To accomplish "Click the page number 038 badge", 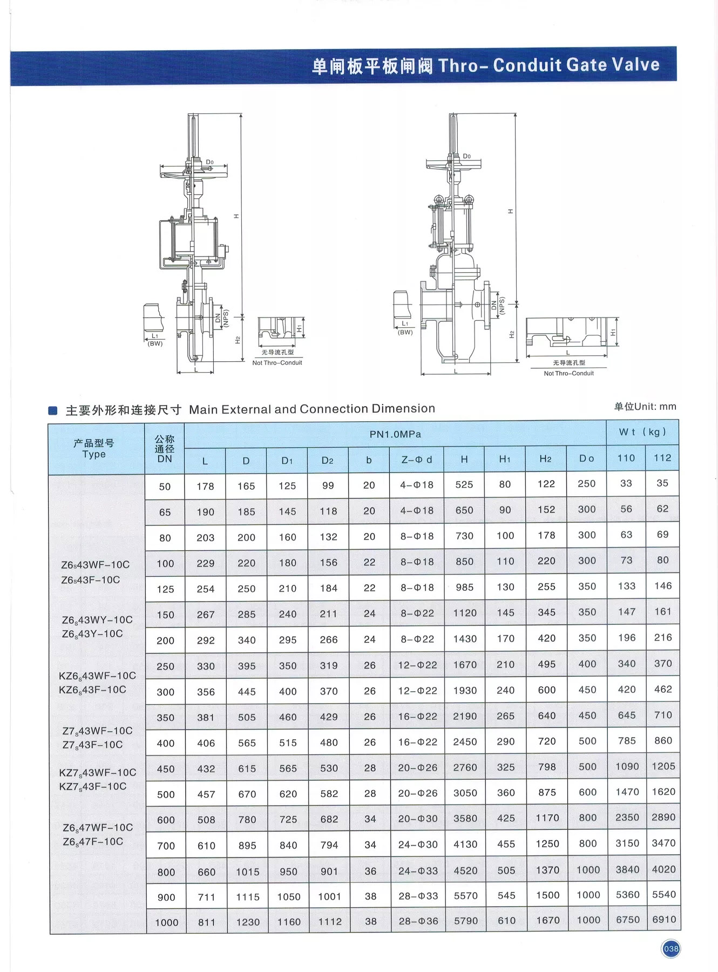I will tap(670, 949).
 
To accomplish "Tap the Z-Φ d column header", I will tap(416, 460).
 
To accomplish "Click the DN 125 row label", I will tap(165, 589).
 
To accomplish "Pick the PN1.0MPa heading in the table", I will tap(395, 434).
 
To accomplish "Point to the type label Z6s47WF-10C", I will tap(98, 827).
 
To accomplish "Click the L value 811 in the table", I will tap(206, 922).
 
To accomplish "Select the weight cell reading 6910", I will tap(663, 920).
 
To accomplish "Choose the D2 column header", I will tap(328, 460).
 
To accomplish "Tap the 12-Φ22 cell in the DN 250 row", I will tap(417, 665).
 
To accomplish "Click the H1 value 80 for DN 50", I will tap(505, 484).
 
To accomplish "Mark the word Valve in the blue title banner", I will tap(635, 65).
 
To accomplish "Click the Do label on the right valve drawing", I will tap(466, 157).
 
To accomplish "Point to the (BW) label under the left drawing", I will tap(155, 343).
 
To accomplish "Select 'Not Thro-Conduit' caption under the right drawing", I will tap(568, 373).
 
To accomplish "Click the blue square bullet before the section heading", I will tap(53, 410).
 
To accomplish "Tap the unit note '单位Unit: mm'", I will tap(645, 407).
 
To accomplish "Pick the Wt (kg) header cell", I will tap(642, 432).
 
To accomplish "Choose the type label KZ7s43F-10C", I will tap(93, 786).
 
